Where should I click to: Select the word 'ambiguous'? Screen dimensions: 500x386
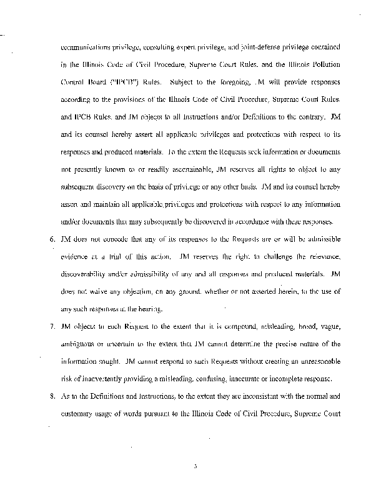[x=82, y=344]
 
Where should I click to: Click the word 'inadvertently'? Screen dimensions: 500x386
[x=107, y=379]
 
